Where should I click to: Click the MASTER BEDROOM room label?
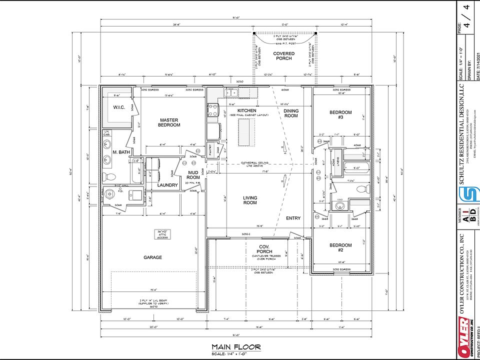click(x=169, y=122)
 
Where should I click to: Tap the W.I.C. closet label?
click(x=118, y=107)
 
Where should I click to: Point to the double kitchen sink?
click(x=231, y=92)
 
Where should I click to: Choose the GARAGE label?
click(x=153, y=257)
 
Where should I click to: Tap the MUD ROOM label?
click(x=193, y=174)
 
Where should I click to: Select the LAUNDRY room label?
click(x=167, y=185)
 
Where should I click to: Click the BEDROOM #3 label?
click(x=340, y=114)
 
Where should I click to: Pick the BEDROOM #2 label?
click(x=340, y=247)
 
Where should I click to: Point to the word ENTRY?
click(x=293, y=218)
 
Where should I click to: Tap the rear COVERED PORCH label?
click(x=283, y=55)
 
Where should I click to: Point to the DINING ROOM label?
click(x=291, y=113)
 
